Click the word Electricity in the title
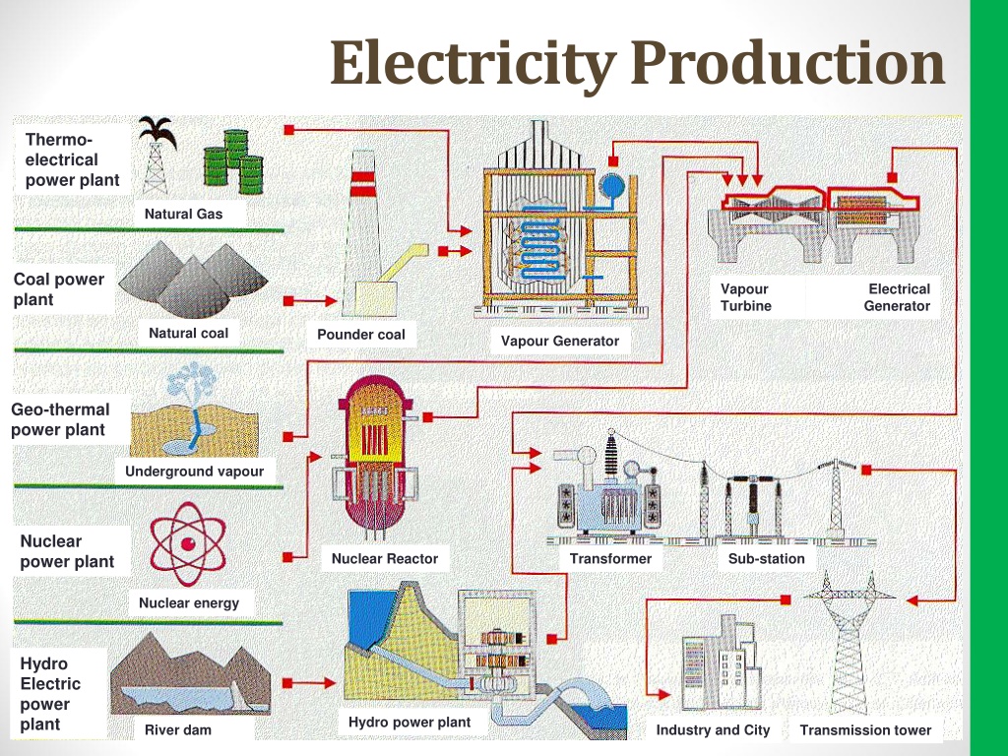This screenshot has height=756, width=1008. [x=473, y=64]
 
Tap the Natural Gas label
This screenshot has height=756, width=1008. [x=183, y=214]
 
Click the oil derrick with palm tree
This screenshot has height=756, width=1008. [x=157, y=155]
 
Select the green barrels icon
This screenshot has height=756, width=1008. [x=233, y=161]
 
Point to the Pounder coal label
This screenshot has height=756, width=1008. [x=360, y=335]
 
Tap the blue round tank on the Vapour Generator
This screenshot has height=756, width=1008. [x=611, y=186]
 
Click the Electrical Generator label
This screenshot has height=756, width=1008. [x=897, y=297]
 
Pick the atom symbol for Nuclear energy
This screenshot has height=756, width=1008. [x=188, y=543]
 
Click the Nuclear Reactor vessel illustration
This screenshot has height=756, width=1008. [x=374, y=457]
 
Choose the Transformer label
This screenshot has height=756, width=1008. [x=610, y=559]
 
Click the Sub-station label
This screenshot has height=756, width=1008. [x=766, y=559]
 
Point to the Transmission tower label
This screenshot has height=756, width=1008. [x=865, y=730]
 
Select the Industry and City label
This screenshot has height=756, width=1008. [x=713, y=730]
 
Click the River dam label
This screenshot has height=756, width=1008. [x=178, y=729]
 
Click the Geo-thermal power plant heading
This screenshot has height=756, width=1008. [x=60, y=419]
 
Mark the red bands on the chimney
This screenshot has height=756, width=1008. [x=363, y=184]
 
